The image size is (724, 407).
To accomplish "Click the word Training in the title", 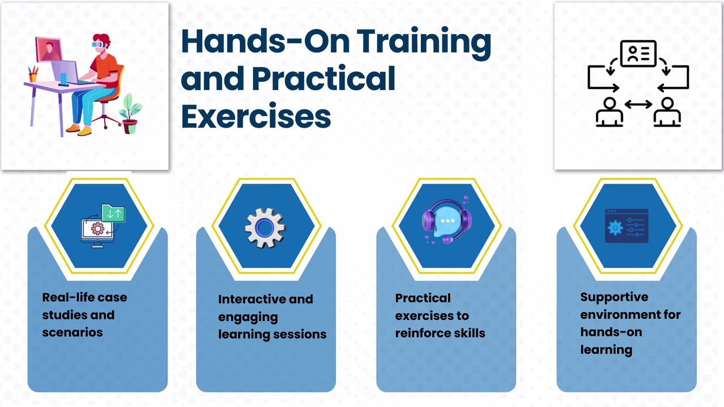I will (424, 42).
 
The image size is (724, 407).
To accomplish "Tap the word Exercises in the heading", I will (256, 116).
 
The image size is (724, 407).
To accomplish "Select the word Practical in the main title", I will (323, 79).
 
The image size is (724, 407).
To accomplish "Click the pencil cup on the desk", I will (33, 73).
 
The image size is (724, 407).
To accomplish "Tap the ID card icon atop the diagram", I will (638, 54).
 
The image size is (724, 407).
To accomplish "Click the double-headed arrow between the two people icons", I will (638, 104).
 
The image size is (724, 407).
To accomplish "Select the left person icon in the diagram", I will (609, 111).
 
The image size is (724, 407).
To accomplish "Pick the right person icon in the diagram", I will (667, 111).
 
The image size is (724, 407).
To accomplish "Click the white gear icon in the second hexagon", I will (265, 227).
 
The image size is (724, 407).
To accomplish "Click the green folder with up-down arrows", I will (114, 213).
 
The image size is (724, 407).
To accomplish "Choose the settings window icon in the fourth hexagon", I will (626, 226).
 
